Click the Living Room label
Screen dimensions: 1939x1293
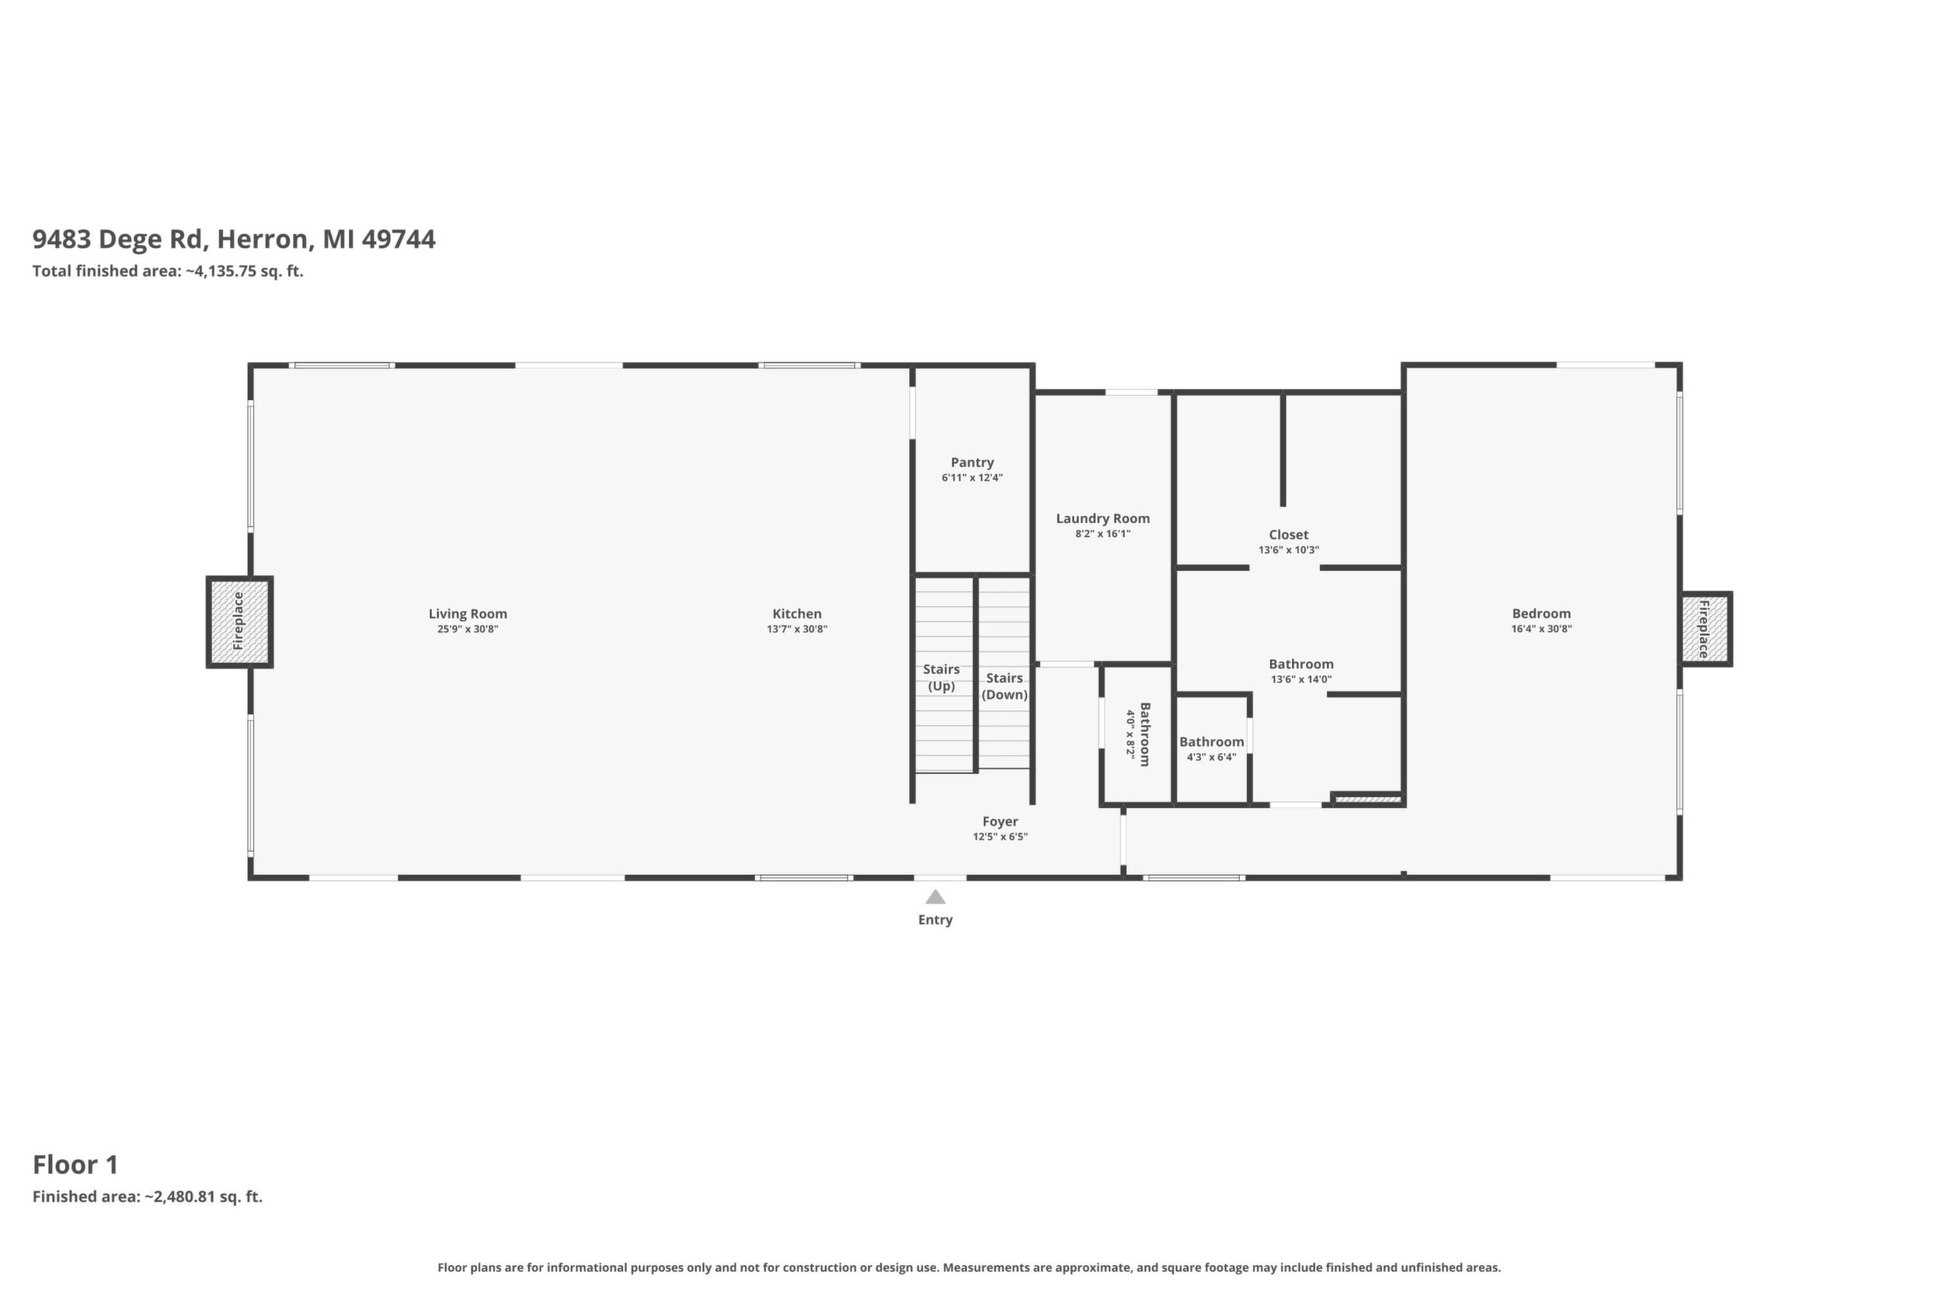click(468, 614)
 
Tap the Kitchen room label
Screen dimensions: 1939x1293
click(796, 614)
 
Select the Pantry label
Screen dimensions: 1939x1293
click(972, 462)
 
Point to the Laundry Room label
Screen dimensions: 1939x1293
click(1102, 519)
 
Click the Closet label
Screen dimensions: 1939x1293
click(1289, 535)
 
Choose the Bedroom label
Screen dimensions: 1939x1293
click(1540, 614)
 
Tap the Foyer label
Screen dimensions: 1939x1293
click(1000, 821)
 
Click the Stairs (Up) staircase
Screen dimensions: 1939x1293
click(945, 675)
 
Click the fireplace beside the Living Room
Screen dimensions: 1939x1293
click(239, 622)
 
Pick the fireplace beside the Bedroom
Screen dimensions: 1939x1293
click(1706, 629)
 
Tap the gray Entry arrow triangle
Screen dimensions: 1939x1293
click(935, 897)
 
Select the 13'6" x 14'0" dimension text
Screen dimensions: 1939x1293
click(1301, 679)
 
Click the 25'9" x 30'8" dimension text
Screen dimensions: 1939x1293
click(468, 629)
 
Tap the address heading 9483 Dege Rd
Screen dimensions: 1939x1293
click(233, 239)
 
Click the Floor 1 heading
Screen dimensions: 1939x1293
click(75, 1164)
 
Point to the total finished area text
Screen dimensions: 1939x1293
click(168, 271)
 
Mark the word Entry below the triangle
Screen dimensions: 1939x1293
click(935, 919)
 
